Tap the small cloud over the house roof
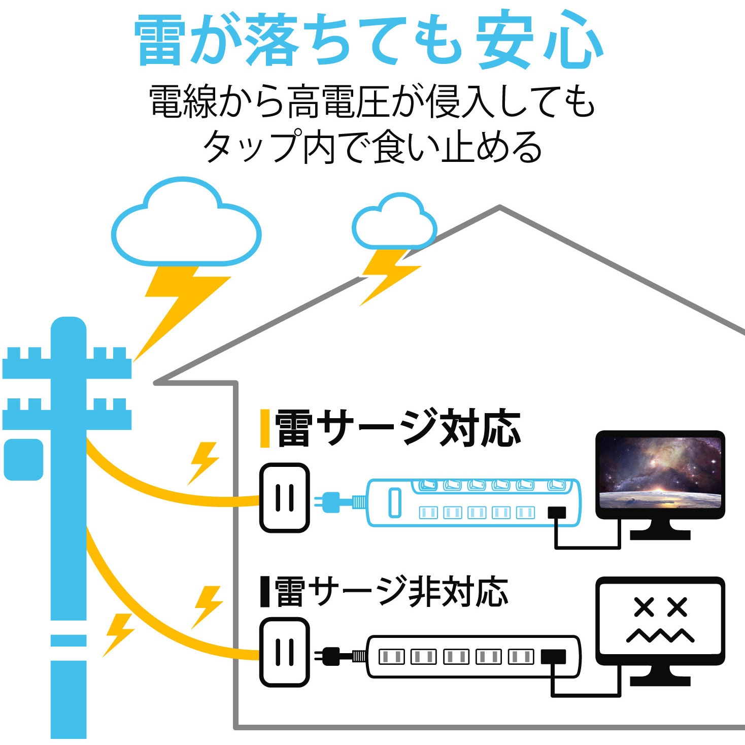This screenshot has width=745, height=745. pos(394,223)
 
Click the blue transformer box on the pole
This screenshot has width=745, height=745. pos(23,459)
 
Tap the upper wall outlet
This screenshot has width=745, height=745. pos(284,497)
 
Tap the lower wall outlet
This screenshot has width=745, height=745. pos(284,652)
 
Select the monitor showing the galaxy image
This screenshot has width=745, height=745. pos(660,475)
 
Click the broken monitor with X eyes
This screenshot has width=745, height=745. pos(660,622)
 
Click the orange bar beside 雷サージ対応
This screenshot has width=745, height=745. pos(264,429)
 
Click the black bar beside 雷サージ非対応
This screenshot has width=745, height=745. pos(264,591)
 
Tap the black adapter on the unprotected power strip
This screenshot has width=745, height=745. pos(553,657)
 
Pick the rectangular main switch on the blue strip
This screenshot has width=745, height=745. pos(394,502)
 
